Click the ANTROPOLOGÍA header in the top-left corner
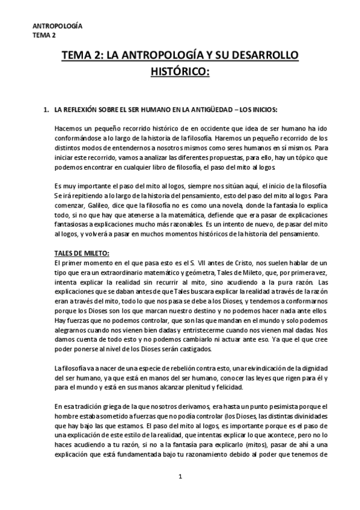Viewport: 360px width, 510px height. [x=58, y=26]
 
